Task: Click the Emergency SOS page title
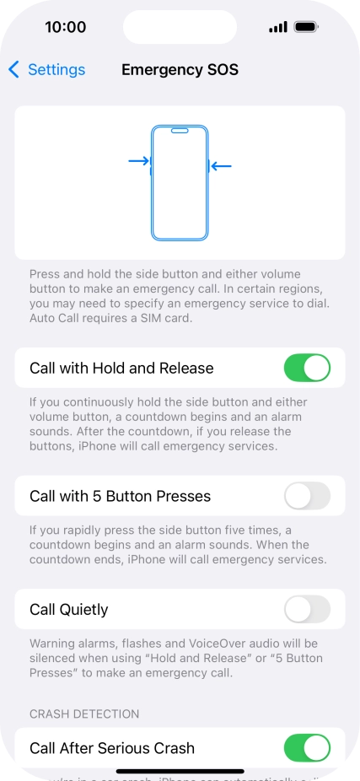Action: click(x=180, y=70)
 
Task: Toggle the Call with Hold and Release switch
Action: click(x=307, y=368)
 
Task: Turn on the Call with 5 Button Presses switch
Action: click(x=307, y=496)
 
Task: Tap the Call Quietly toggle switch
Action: click(x=307, y=609)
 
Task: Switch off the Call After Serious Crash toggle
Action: click(x=307, y=747)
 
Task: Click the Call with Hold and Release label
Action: click(x=121, y=368)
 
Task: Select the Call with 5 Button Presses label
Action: click(x=120, y=496)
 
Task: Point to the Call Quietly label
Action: click(x=69, y=609)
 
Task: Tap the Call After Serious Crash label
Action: click(x=112, y=748)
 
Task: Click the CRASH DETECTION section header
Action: click(x=84, y=714)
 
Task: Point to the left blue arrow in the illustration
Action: click(x=138, y=160)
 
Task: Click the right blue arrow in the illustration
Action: click(x=221, y=166)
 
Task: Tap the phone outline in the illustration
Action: click(x=180, y=182)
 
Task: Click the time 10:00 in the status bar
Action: click(x=65, y=27)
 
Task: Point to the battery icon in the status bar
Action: click(x=306, y=27)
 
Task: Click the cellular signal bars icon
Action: click(x=278, y=27)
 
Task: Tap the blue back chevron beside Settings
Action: click(x=14, y=70)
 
